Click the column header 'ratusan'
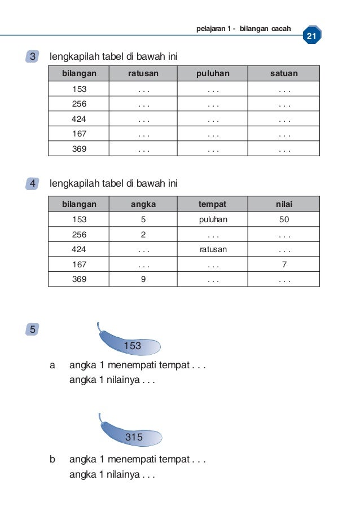click(x=143, y=73)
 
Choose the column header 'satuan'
click(x=284, y=73)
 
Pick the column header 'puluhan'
click(x=213, y=73)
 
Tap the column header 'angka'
click(x=143, y=204)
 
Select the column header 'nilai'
click(x=284, y=204)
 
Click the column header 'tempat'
click(x=213, y=204)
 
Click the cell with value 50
click(x=284, y=219)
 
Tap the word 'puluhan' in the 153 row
click(x=213, y=219)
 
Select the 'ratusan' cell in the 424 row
click(x=213, y=249)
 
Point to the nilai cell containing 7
click(x=284, y=264)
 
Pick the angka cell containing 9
click(x=143, y=279)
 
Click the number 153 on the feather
click(x=132, y=346)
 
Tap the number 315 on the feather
click(x=134, y=437)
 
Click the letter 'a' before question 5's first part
click(x=53, y=365)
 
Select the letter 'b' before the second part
click(x=53, y=460)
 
